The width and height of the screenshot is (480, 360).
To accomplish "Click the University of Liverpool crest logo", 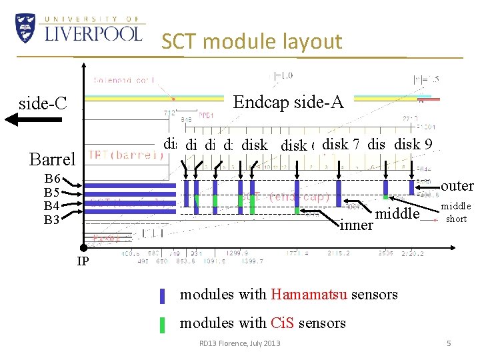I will point(25,29).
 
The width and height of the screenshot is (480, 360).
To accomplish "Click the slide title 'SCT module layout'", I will point(251,42).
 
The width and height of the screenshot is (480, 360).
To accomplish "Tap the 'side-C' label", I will point(43,103).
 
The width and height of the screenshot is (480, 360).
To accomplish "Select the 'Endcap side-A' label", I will point(288,101).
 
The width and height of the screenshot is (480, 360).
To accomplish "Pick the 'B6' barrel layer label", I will point(53,179).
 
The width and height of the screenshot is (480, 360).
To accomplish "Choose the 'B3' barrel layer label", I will point(53,218).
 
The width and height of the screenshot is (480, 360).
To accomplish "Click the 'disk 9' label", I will point(413,143).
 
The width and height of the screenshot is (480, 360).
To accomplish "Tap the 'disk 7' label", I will point(341,143).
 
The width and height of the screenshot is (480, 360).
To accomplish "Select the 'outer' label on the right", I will point(457,186).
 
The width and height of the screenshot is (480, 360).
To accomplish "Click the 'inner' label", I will point(356,225).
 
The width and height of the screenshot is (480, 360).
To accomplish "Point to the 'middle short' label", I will point(456,212).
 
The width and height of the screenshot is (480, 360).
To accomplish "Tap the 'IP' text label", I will point(83,261).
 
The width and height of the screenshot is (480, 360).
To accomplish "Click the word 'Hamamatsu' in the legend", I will point(308,294).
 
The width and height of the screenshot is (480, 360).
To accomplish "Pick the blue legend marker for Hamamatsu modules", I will point(162,295).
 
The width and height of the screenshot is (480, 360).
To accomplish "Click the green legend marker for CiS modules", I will point(162,325).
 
